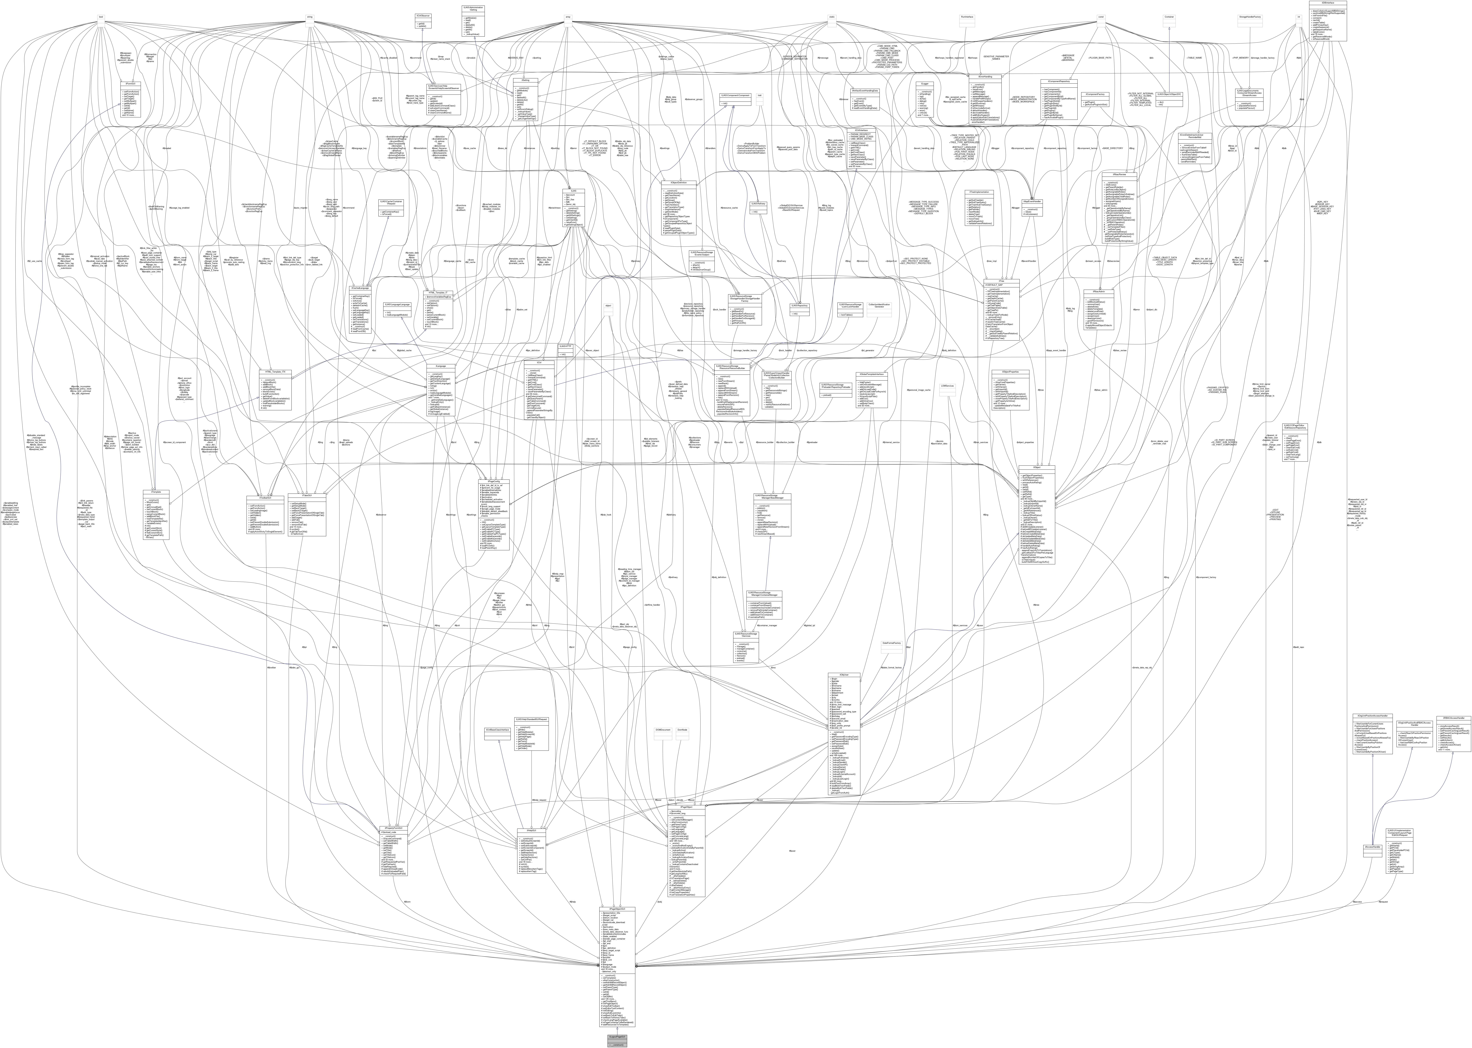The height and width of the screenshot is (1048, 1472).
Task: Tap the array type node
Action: pyautogui.click(x=568, y=17)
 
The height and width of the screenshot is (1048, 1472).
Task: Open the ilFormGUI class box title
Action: pyautogui.click(x=130, y=83)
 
